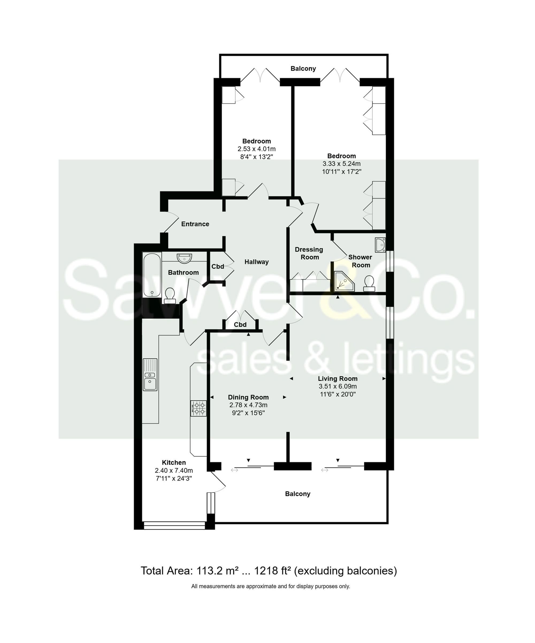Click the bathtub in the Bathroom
[x=152, y=275]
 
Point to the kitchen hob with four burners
[x=198, y=408]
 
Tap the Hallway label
[x=257, y=262]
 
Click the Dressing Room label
[x=309, y=253]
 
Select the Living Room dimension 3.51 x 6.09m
[x=338, y=386]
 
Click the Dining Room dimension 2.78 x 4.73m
[x=248, y=405]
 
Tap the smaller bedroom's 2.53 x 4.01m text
[x=257, y=149]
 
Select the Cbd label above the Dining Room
[x=240, y=325]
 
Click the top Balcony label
[x=303, y=69]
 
